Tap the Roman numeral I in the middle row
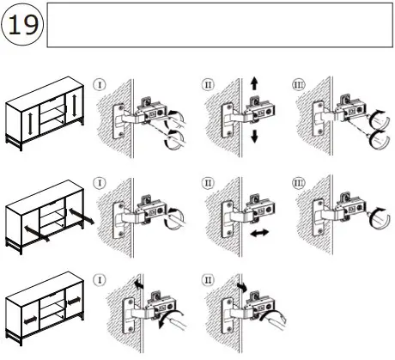point(100,182)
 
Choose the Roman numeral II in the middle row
point(208,182)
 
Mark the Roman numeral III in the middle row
point(300,182)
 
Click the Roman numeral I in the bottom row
point(100,278)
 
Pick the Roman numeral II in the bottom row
point(208,278)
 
